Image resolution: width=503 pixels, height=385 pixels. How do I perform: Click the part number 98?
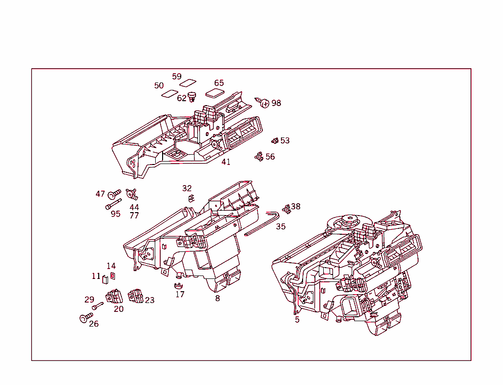point(276,103)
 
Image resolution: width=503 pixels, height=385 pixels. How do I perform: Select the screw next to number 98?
point(264,103)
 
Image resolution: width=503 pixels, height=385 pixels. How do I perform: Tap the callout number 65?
point(219,83)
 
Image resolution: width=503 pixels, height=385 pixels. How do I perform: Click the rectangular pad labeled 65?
point(215,93)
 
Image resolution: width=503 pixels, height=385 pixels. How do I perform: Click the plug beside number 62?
point(192,97)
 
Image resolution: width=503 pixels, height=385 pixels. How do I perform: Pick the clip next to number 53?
point(275,141)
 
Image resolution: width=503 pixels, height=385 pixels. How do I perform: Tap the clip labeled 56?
point(259,157)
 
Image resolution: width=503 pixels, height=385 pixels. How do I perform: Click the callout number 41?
point(225,162)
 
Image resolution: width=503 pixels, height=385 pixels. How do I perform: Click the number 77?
point(134,216)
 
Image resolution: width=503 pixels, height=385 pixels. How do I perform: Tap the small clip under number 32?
point(191,198)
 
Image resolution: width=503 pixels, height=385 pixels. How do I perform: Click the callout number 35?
point(280,226)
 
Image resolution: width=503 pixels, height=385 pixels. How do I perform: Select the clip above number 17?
point(178,285)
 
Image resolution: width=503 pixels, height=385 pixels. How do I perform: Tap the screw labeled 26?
point(84,318)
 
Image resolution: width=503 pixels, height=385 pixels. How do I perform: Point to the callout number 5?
point(297,320)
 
